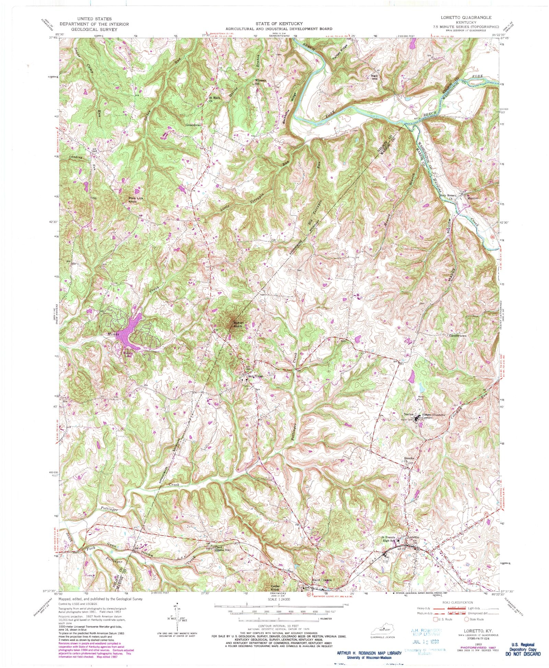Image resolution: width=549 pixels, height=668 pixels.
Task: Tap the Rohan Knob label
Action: [x=238, y=324]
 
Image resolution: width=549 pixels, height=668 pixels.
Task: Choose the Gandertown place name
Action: [x=458, y=336]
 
